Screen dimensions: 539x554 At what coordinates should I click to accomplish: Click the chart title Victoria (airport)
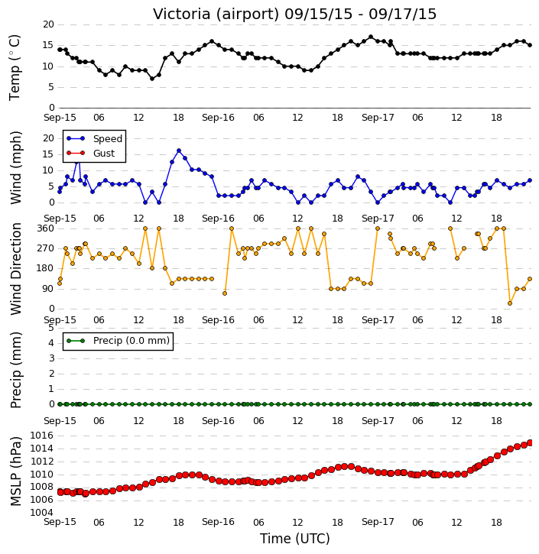click(x=216, y=15)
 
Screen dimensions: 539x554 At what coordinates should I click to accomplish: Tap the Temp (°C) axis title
click(x=15, y=67)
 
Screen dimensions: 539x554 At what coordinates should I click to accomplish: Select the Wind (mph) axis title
click(x=15, y=167)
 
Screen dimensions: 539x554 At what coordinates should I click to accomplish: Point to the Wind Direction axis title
click(x=15, y=268)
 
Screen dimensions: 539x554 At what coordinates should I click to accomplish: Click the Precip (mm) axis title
click(x=15, y=370)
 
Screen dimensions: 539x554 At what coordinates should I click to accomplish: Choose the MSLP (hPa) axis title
click(x=15, y=471)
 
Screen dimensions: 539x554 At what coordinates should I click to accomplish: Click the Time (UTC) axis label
click(x=295, y=539)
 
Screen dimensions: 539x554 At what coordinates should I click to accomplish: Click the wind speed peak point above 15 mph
click(x=179, y=151)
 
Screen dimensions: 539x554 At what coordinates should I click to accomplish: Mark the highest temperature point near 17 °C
click(x=371, y=37)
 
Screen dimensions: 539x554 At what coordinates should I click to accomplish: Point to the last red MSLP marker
click(x=530, y=442)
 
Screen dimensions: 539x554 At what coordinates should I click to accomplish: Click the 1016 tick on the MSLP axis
click(x=42, y=436)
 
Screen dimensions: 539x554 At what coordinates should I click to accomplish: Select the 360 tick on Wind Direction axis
click(x=46, y=228)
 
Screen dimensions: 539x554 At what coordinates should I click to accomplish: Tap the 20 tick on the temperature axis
click(x=48, y=24)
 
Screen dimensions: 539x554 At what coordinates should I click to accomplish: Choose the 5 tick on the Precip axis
click(x=51, y=328)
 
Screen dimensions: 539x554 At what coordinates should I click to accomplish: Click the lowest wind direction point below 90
click(x=510, y=303)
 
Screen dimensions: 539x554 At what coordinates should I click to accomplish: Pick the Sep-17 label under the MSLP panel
click(x=378, y=522)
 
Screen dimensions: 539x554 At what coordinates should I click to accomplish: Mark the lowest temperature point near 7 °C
click(x=152, y=79)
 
